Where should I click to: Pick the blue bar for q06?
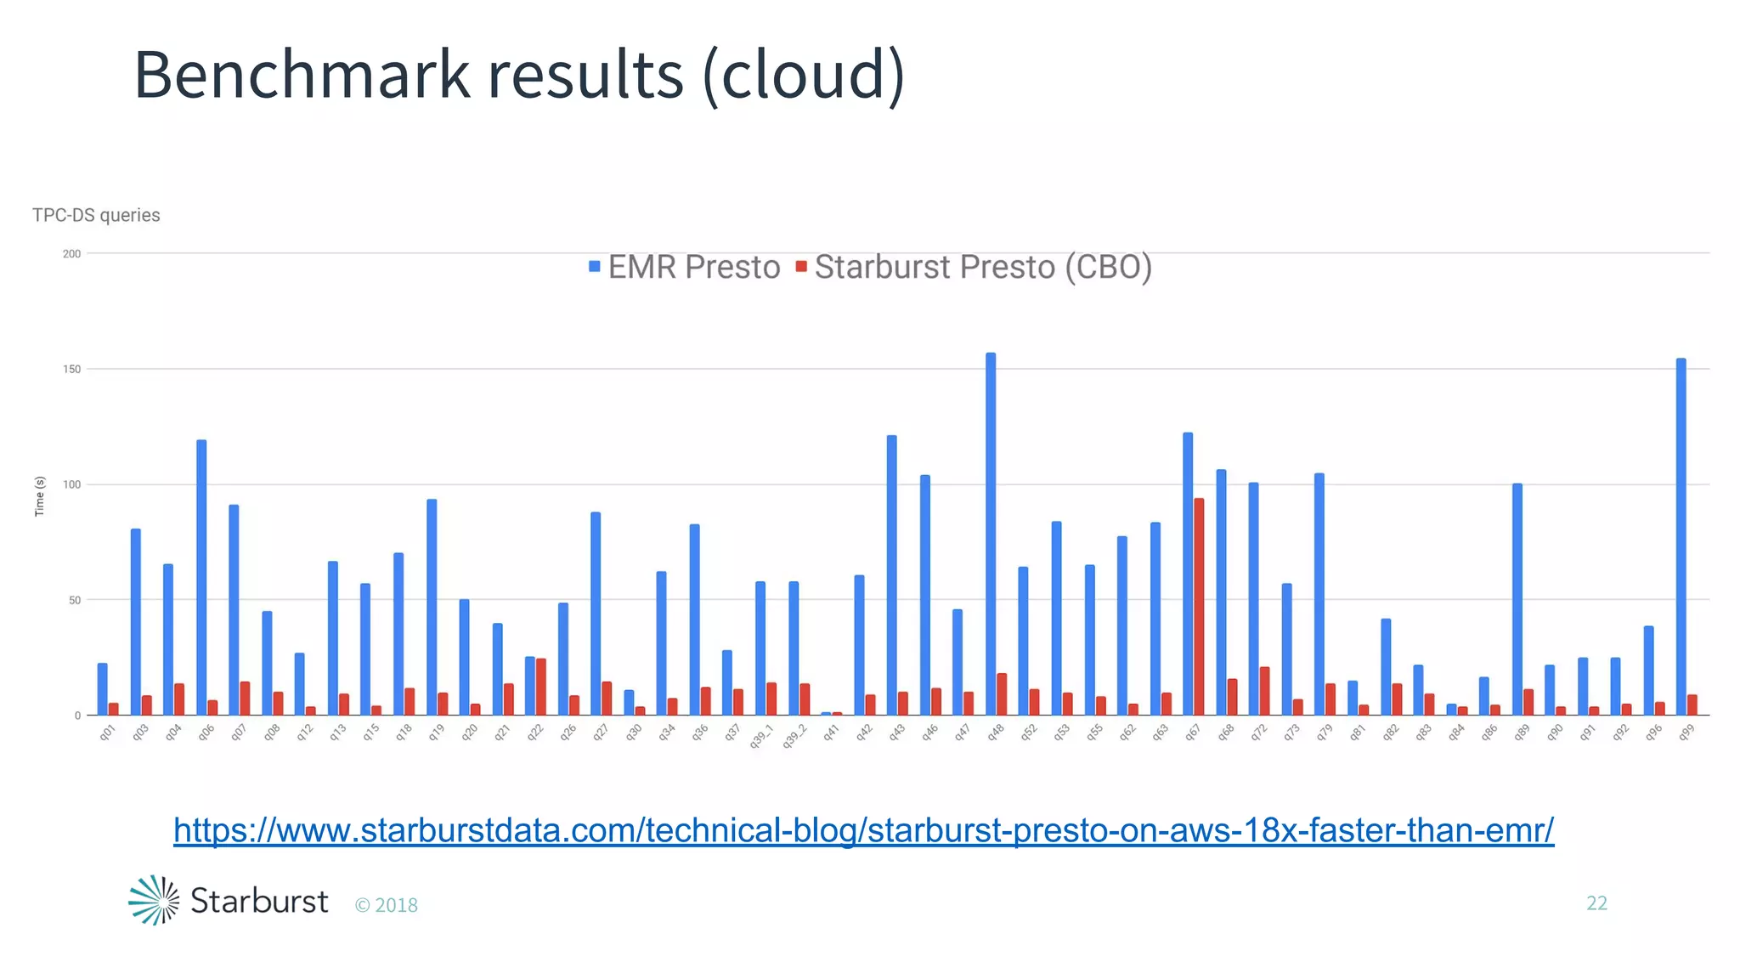(201, 578)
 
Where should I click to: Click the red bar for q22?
(541, 687)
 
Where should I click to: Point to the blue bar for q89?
(1517, 599)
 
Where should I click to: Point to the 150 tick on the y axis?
(71, 370)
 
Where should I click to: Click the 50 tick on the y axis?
(74, 601)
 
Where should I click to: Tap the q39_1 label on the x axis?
(761, 736)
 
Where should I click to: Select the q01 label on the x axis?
(107, 733)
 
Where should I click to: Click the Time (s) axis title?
(39, 495)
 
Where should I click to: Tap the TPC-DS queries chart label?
(96, 215)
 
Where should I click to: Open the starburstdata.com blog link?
(863, 830)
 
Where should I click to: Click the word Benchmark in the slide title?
(302, 75)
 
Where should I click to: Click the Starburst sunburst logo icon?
(154, 900)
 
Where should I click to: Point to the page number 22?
(1596, 903)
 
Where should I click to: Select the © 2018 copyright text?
(387, 905)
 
